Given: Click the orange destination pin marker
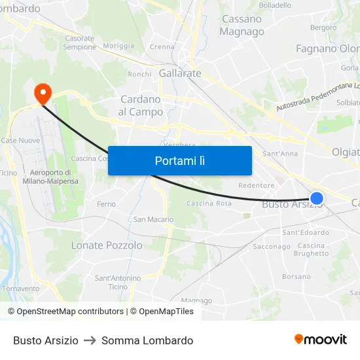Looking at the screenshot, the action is (43, 93).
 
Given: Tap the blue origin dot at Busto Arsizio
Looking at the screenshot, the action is (317, 198).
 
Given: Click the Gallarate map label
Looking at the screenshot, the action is (180, 73).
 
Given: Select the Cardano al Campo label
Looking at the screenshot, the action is (141, 105).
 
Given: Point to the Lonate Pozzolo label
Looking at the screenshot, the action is (107, 245).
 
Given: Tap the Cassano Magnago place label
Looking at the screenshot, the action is (242, 25).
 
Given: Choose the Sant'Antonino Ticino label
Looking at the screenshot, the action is (118, 282).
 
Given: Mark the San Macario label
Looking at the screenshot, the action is (154, 219).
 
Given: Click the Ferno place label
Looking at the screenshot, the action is (106, 204).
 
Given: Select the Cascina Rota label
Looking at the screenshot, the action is (209, 204).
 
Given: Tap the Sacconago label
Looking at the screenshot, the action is (272, 247).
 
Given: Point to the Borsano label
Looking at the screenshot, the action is (297, 276).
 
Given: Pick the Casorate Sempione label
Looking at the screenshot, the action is (80, 43).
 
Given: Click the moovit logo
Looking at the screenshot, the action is (321, 340).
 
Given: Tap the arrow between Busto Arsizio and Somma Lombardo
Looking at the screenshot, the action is (90, 340).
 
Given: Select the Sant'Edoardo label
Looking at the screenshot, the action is (306, 232).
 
